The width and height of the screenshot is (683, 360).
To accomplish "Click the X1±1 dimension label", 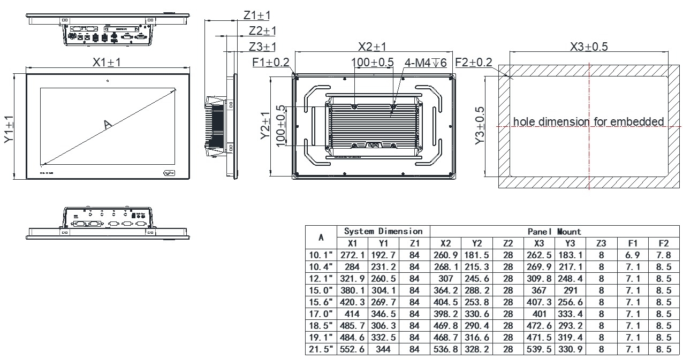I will (107, 63).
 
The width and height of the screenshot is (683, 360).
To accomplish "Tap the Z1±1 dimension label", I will (257, 16).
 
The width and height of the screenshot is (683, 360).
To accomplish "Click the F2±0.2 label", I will (473, 63).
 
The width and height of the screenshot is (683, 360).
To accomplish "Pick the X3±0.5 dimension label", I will (589, 47).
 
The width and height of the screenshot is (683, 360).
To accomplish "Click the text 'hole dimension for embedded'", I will (588, 121).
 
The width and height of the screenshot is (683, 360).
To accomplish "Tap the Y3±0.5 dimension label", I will (480, 126).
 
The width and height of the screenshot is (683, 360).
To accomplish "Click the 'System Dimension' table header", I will (383, 232).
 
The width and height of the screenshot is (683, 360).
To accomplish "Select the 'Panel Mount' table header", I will (554, 232).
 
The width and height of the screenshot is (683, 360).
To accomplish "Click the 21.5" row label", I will (321, 349).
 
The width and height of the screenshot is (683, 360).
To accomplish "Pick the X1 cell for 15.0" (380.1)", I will (352, 290).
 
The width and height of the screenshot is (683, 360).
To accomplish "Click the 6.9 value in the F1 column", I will (633, 255).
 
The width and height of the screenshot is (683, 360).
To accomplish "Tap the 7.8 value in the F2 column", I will (663, 255).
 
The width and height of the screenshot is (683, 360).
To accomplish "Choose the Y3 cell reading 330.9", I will (570, 349).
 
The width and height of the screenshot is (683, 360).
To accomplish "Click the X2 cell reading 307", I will (445, 279).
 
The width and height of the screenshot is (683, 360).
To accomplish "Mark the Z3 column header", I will (601, 243).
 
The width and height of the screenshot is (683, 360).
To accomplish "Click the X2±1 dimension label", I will (372, 47).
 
